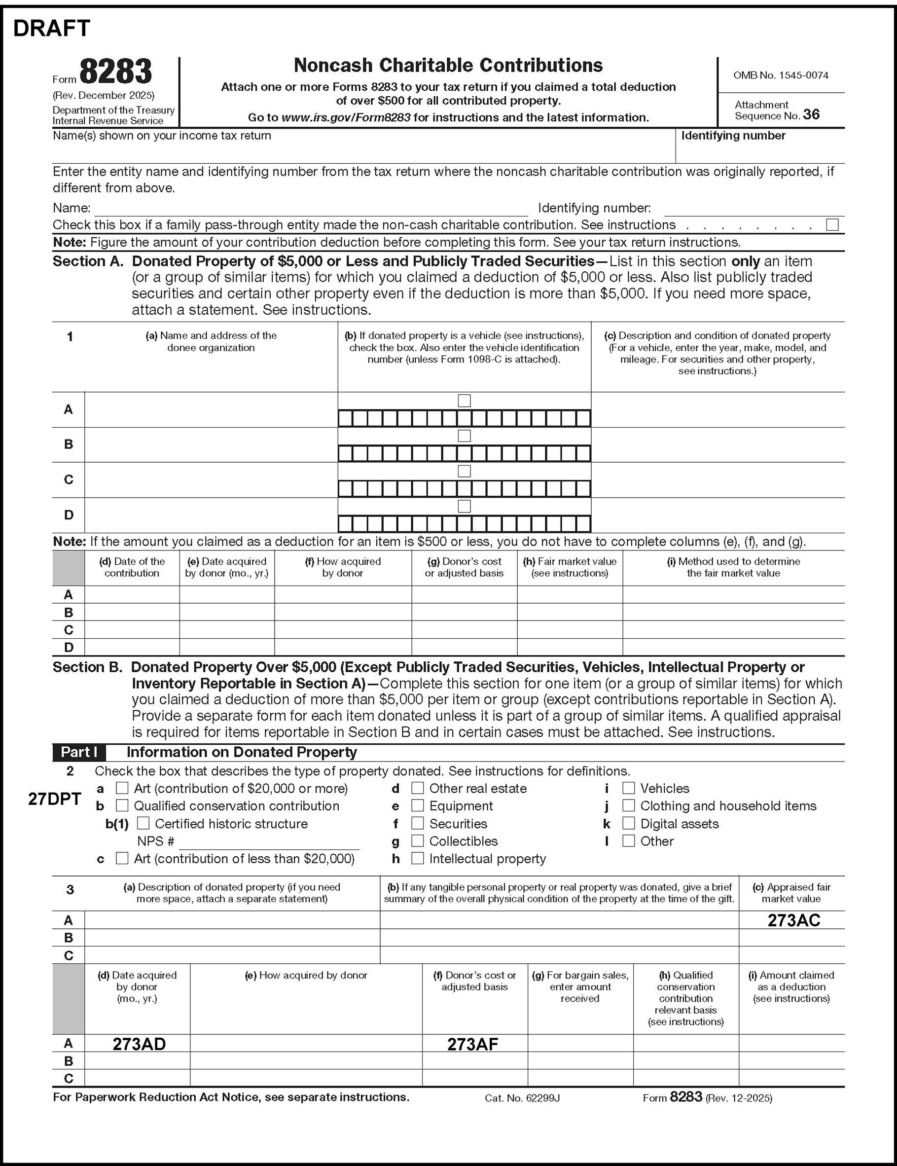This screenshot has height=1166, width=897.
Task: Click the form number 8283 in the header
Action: pyautogui.click(x=115, y=72)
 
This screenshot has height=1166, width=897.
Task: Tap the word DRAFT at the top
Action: pyautogui.click(x=52, y=28)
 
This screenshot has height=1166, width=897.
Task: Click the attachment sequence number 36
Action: pyautogui.click(x=811, y=115)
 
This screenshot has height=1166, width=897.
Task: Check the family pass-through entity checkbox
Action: pyautogui.click(x=832, y=225)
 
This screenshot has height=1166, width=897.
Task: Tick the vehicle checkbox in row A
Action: pyautogui.click(x=465, y=401)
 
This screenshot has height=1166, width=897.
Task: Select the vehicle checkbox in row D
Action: pyautogui.click(x=465, y=506)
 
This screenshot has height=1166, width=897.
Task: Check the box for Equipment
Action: pyautogui.click(x=418, y=805)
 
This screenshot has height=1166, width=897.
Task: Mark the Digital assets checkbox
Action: pyautogui.click(x=629, y=823)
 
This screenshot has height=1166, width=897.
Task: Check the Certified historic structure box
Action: pyautogui.click(x=144, y=823)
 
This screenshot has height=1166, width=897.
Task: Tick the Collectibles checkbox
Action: pyautogui.click(x=418, y=841)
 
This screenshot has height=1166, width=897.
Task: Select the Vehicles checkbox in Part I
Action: pyautogui.click(x=629, y=788)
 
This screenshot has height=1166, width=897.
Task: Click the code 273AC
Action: pyautogui.click(x=793, y=920)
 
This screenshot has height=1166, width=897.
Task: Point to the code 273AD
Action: pyautogui.click(x=139, y=1044)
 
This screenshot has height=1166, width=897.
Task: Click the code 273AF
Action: pyautogui.click(x=472, y=1044)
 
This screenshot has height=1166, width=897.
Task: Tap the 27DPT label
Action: pyautogui.click(x=54, y=799)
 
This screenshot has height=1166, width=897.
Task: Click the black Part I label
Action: pyautogui.click(x=79, y=752)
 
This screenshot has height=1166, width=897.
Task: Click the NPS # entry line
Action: pyautogui.click(x=269, y=842)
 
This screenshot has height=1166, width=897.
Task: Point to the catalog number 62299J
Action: pyautogui.click(x=522, y=1098)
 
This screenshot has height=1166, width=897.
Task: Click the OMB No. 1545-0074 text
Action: pyautogui.click(x=781, y=75)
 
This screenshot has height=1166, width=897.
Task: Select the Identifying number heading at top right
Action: pyautogui.click(x=733, y=136)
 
